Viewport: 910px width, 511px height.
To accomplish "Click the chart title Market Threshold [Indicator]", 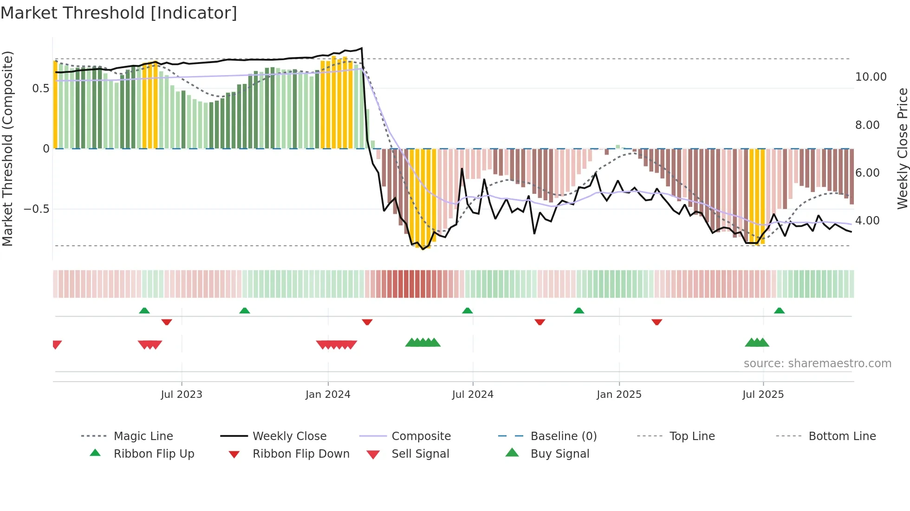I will click(x=119, y=13).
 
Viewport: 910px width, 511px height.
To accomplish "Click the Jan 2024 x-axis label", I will click(x=328, y=395).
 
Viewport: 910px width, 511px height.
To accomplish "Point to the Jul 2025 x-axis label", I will click(x=763, y=395).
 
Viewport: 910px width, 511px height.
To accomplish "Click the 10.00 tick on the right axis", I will click(x=871, y=77).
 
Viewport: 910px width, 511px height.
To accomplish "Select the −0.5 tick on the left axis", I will click(x=37, y=209).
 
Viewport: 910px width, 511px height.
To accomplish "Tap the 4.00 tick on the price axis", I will click(x=867, y=221).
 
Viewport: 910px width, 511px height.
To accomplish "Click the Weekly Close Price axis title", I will click(x=902, y=148).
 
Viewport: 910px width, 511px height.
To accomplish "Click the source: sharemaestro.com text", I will click(x=817, y=364).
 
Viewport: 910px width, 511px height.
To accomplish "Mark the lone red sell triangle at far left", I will click(x=57, y=344).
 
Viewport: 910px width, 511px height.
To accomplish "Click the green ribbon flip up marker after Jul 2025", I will click(x=779, y=311).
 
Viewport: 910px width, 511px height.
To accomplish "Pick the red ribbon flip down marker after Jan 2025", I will click(x=656, y=322).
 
